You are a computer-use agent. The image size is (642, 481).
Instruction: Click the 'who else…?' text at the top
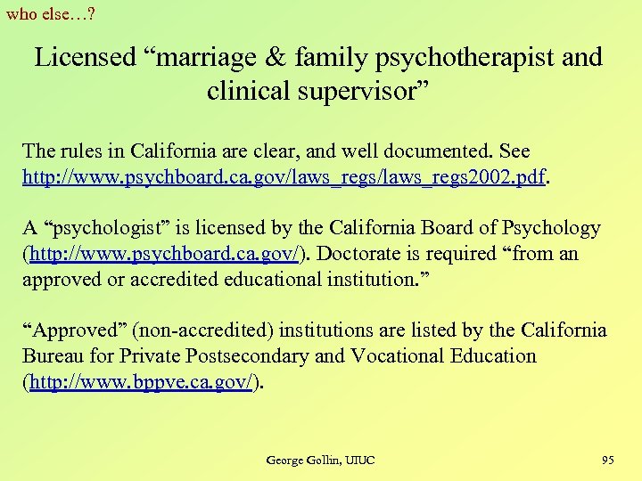click(x=52, y=13)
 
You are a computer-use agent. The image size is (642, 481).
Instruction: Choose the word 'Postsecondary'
click(x=247, y=356)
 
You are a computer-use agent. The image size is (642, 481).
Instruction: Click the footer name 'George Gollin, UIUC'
click(x=320, y=460)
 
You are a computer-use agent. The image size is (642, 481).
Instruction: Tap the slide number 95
click(x=607, y=460)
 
